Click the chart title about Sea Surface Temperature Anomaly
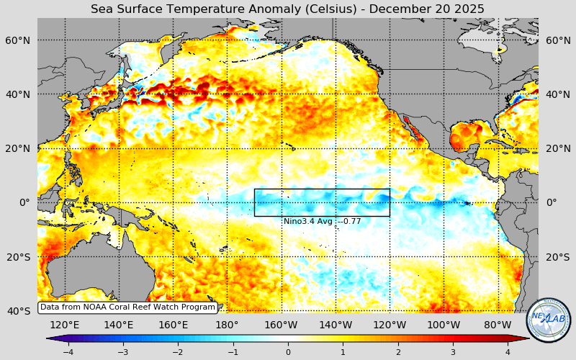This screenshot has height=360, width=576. pos(287,9)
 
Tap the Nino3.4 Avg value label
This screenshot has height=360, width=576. pos(322,221)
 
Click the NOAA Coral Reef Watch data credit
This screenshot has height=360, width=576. pos(127,307)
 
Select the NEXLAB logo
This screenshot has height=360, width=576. pos(549,320)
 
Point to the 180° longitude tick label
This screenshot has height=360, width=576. pos(227,325)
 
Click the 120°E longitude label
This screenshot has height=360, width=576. pos(65,325)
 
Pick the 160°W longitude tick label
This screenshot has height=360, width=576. pos(282,325)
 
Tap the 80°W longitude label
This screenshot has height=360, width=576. pos(498,325)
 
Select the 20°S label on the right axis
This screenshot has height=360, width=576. pos(557,257)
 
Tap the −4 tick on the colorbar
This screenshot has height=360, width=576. pos(68,352)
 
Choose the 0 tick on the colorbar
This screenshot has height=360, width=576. pos(288,352)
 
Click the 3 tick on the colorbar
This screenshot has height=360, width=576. pos(453,352)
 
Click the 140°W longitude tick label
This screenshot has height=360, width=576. pos(336,325)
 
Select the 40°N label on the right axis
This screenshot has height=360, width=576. pos(557,94)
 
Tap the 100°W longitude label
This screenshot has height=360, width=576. pos(444,325)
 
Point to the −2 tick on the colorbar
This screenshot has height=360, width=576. pos(178,352)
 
